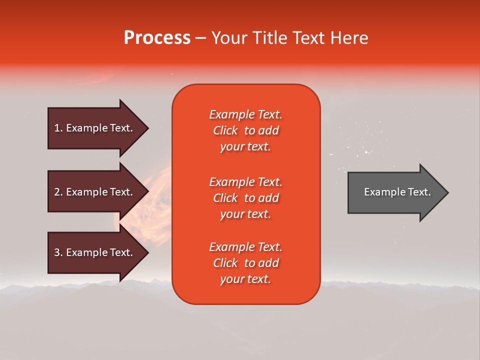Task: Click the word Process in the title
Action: pyautogui.click(x=157, y=38)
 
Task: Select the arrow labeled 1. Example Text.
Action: pyautogui.click(x=95, y=128)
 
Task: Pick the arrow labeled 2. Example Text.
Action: pyautogui.click(x=95, y=192)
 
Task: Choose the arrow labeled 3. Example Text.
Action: pyautogui.click(x=95, y=252)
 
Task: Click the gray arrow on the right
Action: pyautogui.click(x=395, y=192)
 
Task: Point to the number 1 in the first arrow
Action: pyautogui.click(x=57, y=128)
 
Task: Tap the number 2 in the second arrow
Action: pyautogui.click(x=57, y=192)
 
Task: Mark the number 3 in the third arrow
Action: pyautogui.click(x=57, y=252)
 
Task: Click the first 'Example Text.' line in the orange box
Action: pyautogui.click(x=245, y=114)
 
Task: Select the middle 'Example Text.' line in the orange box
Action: pyautogui.click(x=245, y=182)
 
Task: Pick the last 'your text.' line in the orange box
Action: pyautogui.click(x=245, y=279)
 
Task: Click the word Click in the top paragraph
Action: pyautogui.click(x=225, y=130)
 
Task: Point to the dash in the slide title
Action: pyautogui.click(x=200, y=38)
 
